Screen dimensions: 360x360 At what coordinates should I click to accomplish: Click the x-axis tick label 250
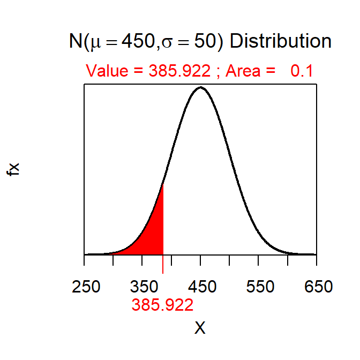point(86,287)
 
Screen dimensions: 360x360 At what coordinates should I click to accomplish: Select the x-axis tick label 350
point(142,287)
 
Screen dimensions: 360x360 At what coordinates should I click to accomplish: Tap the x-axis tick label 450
point(200,287)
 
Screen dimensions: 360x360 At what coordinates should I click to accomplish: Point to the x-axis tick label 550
point(258,287)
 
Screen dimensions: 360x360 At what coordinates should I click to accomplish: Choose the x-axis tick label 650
point(316,287)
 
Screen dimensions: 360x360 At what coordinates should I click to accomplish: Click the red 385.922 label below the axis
point(162,305)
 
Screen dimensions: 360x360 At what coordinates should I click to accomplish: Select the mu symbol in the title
point(96,43)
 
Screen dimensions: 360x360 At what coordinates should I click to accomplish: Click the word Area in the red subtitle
point(243,71)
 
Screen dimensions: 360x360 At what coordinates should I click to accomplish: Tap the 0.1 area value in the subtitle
point(302,71)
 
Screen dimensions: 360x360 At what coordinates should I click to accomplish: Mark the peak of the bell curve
point(200,87)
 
